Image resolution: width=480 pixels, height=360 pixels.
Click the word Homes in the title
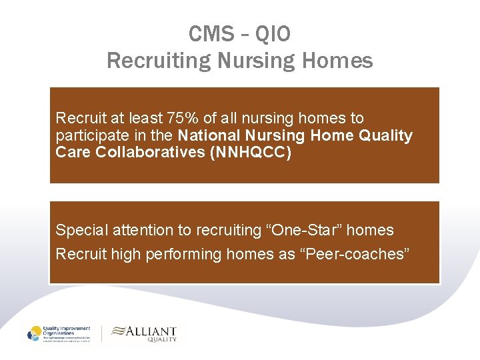pos(337,61)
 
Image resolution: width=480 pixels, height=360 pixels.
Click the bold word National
pos(211,135)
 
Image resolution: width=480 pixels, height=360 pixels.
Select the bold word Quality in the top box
pos(386,135)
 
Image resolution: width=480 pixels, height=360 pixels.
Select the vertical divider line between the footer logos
pos(101,334)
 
